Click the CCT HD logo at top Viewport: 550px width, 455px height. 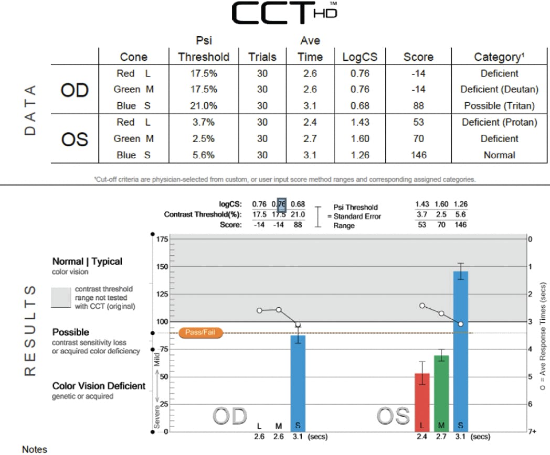coord(283,14)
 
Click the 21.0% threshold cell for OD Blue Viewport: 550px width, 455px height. coord(204,106)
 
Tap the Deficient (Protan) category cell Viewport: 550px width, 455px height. coord(499,123)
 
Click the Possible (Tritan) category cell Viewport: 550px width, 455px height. coord(499,106)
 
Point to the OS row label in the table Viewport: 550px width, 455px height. coord(75,139)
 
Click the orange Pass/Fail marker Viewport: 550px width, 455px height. coord(201,332)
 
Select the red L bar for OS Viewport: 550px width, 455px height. coord(422,401)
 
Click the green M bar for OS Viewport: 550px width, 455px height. coord(441,392)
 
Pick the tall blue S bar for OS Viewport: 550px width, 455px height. coord(460,351)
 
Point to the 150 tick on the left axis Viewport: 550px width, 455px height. coord(162,266)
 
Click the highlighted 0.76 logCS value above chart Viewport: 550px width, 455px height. coord(281,204)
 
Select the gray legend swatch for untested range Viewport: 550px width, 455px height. coord(61,297)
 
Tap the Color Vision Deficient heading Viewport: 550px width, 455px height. coord(99,386)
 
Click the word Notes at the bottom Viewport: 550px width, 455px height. coord(34,449)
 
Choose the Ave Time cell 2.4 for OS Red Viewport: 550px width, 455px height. coord(310,123)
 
